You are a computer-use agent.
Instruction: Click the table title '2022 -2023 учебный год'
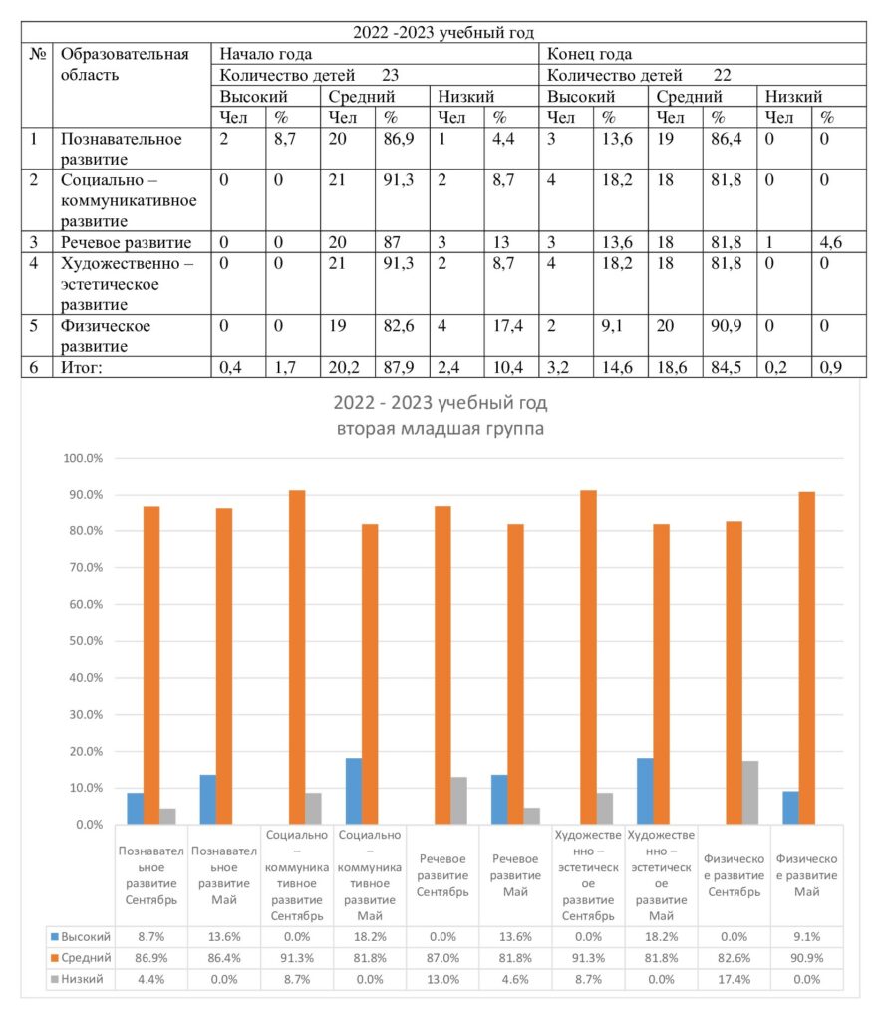[x=443, y=33]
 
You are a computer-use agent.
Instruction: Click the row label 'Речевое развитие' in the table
[x=126, y=242]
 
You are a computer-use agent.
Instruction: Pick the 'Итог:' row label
[x=82, y=367]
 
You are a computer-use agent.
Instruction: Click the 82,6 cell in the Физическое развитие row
[x=399, y=326]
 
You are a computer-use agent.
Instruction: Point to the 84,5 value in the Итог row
[x=726, y=367]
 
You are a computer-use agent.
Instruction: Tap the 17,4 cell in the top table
[x=507, y=326]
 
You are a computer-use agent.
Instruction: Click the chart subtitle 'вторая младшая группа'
[x=441, y=429]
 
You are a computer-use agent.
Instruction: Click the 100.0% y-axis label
[x=83, y=458]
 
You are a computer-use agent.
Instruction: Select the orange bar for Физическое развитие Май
[x=807, y=658]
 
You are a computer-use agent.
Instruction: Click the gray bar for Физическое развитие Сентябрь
[x=749, y=793]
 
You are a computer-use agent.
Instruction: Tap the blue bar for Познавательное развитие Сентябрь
[x=136, y=808]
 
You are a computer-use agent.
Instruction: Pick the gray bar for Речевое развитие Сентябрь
[x=458, y=801]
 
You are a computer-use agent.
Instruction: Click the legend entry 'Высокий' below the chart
[x=81, y=937]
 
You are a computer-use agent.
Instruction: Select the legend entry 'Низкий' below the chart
[x=77, y=979]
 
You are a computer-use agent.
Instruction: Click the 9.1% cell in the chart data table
[x=806, y=937]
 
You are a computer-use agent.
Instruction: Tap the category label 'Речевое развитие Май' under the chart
[x=515, y=875]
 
